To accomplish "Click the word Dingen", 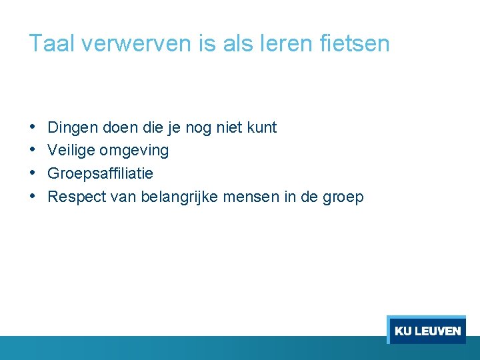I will (72, 127).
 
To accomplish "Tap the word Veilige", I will (71, 151).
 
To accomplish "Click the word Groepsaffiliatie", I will (101, 174).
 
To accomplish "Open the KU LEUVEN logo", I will (427, 331).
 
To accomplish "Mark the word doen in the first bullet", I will (119, 127).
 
